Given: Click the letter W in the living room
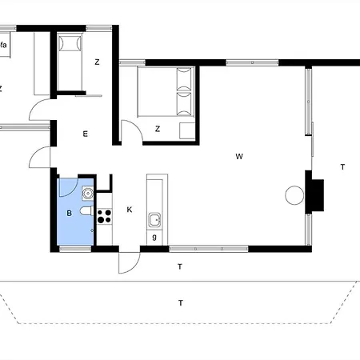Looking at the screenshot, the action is click(x=239, y=156).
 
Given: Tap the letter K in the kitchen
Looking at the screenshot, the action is click(x=130, y=210).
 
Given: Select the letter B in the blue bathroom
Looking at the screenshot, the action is click(x=70, y=213).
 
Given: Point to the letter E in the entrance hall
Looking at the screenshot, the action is click(x=86, y=134).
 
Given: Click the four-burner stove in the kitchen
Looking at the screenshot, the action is click(x=104, y=216).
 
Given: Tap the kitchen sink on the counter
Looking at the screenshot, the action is click(x=154, y=220).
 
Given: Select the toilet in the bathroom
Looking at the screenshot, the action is click(x=86, y=211).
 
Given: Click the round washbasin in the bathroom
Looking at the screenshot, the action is click(x=88, y=193).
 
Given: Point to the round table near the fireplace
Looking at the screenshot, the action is click(x=294, y=195).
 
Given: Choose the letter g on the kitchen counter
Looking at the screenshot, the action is click(x=154, y=237).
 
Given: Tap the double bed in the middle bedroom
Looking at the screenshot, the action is click(x=166, y=92).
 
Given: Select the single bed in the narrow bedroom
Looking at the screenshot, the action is click(x=70, y=62).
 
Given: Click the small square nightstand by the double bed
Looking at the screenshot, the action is click(x=187, y=130).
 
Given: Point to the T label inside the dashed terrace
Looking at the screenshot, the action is click(x=181, y=303).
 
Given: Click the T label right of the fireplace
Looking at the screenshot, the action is click(x=342, y=167).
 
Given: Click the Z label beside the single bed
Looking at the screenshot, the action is click(x=97, y=62).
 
